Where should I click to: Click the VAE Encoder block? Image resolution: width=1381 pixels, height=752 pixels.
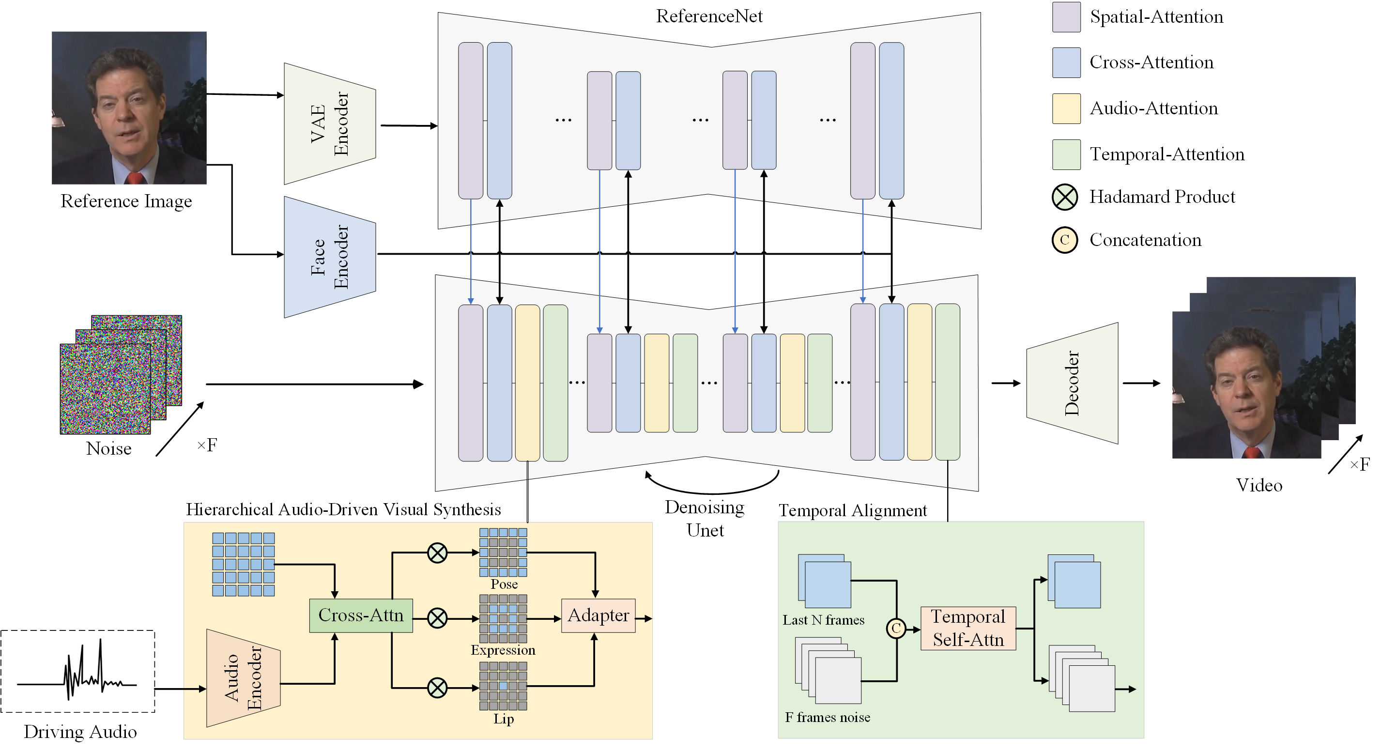329,124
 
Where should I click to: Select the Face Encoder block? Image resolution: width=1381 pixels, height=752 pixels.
329,257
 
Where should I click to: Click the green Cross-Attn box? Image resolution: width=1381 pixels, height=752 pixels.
361,615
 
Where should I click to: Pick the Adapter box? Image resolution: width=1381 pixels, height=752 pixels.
598,615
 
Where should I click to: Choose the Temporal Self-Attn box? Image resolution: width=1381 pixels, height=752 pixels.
967,628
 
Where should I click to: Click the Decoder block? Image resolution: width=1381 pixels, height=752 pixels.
1072,383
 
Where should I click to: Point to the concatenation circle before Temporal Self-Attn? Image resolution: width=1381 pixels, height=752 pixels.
896,628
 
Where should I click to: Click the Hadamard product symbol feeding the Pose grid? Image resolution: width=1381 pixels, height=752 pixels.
437,552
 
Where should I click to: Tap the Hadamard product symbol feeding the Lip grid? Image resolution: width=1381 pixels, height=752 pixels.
437,688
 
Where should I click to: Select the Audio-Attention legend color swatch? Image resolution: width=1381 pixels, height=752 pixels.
1066,109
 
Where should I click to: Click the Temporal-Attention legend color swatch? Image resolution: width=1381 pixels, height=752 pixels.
1066,155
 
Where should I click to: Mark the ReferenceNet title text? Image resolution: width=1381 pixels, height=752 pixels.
709,16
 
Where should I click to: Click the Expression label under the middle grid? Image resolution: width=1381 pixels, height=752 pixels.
503,650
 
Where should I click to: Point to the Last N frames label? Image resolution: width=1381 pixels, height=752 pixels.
823,620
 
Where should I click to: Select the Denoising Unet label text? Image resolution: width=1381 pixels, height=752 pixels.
705,518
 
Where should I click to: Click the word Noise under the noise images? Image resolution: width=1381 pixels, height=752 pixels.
109,448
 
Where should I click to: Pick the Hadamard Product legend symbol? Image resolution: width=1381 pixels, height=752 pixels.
1064,197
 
